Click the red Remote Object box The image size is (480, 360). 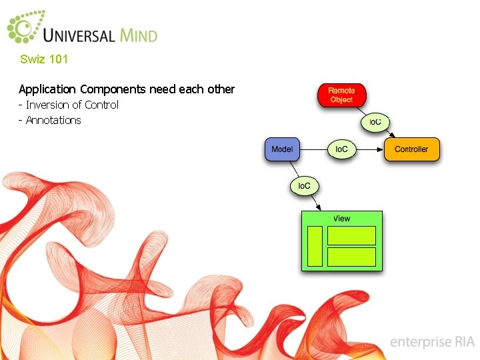[x=341, y=95]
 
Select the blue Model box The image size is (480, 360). [x=281, y=149]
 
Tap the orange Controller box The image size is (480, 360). [x=411, y=149]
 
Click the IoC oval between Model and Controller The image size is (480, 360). [x=341, y=149]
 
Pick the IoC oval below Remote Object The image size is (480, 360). [x=375, y=122]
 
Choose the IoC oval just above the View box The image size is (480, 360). [x=304, y=185]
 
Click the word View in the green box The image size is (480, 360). [x=341, y=219]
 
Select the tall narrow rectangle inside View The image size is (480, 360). [x=315, y=246]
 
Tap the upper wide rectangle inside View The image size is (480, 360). [x=351, y=235]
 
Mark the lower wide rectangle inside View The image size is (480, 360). [x=351, y=257]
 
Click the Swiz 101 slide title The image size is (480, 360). [x=44, y=59]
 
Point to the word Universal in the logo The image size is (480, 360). [x=79, y=34]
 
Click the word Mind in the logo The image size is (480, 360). [x=139, y=34]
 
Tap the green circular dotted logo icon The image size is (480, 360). [x=24, y=27]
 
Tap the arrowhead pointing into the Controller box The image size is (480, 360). [x=382, y=149]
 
